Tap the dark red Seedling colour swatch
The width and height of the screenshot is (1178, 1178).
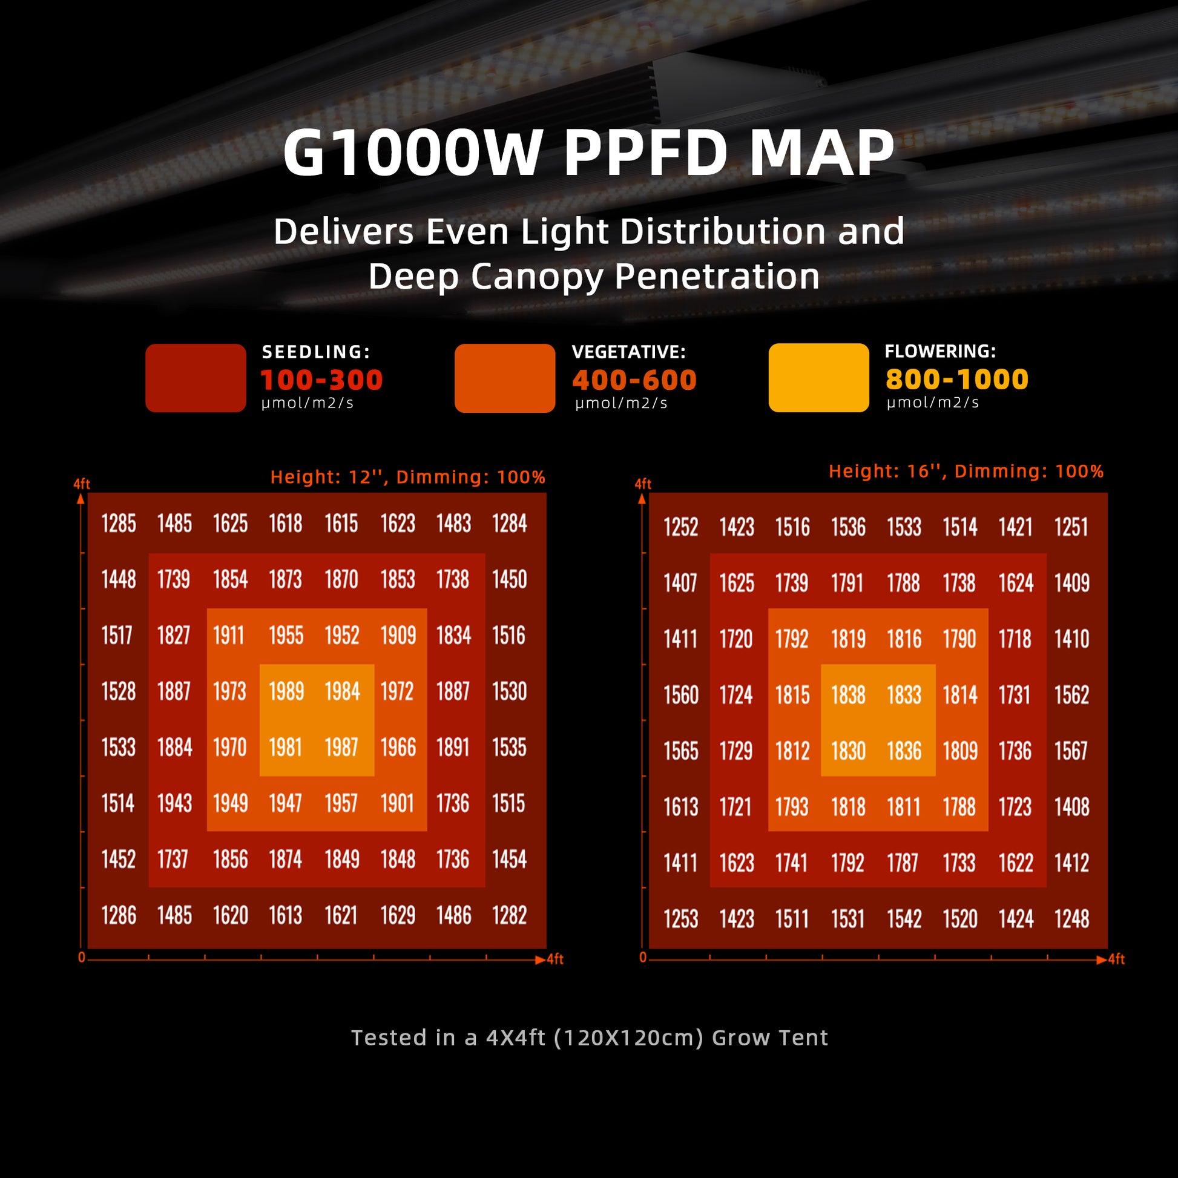[x=196, y=378]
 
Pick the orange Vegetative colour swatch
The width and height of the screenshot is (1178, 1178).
[x=505, y=378]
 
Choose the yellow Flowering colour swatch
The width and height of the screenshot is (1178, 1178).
[x=818, y=377]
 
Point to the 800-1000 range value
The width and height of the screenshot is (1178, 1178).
[x=956, y=380]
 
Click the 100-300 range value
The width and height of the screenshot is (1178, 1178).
[x=321, y=380]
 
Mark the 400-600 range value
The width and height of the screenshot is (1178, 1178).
[x=634, y=380]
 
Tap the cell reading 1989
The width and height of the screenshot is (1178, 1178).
[x=286, y=691]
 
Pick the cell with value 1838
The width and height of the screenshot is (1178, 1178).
[x=848, y=695]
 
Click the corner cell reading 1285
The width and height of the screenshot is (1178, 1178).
[x=119, y=523]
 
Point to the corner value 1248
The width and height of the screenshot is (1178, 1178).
[x=1071, y=919]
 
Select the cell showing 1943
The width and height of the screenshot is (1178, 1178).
[x=174, y=803]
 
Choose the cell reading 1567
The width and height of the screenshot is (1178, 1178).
[x=1071, y=751]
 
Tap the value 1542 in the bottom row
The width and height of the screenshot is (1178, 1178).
[x=904, y=919]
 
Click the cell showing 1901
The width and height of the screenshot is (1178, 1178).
[x=398, y=803]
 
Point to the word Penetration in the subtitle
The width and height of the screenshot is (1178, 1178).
[x=717, y=276]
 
